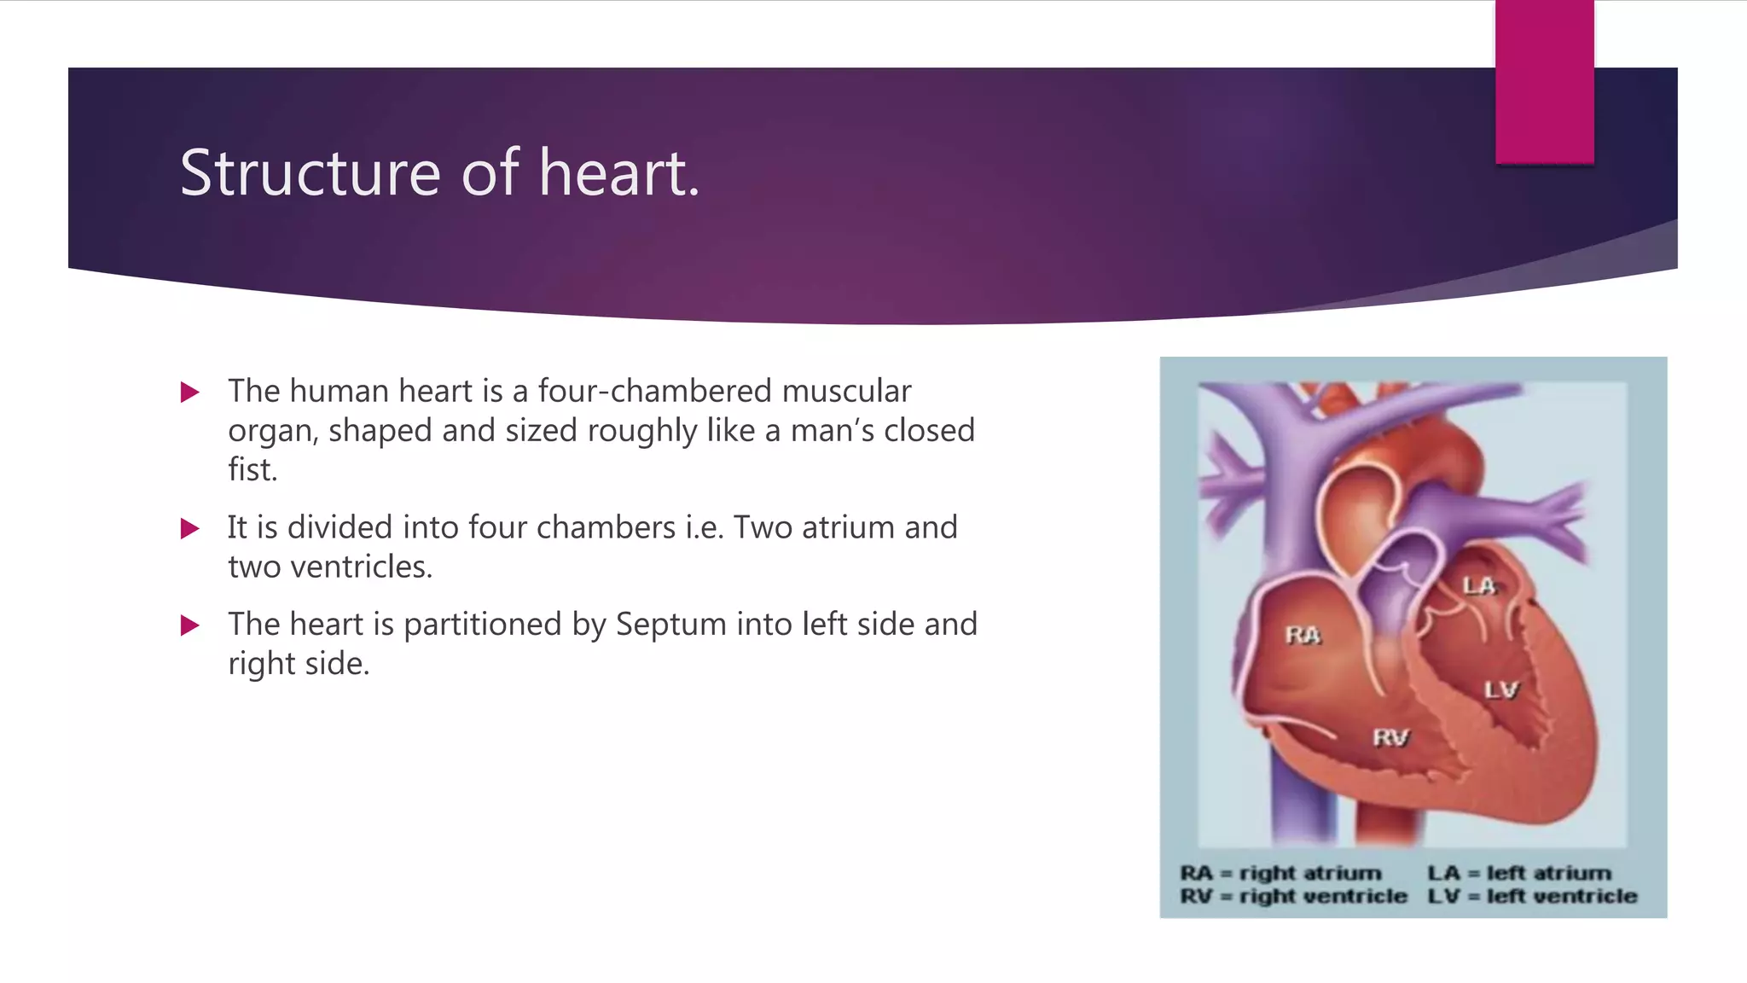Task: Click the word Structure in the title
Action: pyautogui.click(x=311, y=173)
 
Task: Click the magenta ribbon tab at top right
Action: pyautogui.click(x=1544, y=82)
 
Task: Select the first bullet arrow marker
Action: pyautogui.click(x=189, y=393)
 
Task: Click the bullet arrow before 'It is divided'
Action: pyautogui.click(x=189, y=529)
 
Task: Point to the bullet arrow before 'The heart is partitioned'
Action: pyautogui.click(x=189, y=626)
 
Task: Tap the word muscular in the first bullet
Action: pyautogui.click(x=846, y=391)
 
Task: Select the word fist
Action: pyautogui.click(x=252, y=469)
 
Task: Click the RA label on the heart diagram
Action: pyautogui.click(x=1303, y=635)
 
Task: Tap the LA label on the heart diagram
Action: pyautogui.click(x=1479, y=585)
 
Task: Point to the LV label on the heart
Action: pyautogui.click(x=1500, y=689)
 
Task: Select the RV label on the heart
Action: pyautogui.click(x=1390, y=737)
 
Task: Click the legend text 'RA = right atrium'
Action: pyautogui.click(x=1280, y=873)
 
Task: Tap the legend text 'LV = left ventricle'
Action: pyautogui.click(x=1533, y=896)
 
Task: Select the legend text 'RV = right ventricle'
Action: pyautogui.click(x=1293, y=896)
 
